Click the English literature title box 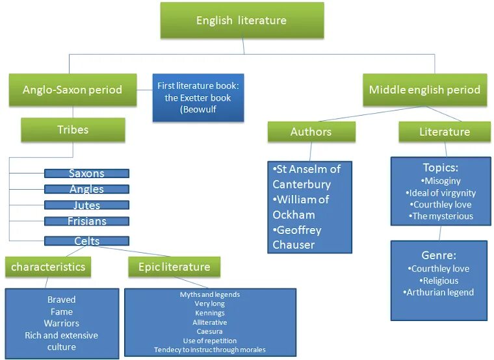[241, 20]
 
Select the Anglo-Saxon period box [72, 90]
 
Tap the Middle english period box [424, 90]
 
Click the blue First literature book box [198, 97]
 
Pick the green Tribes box [72, 129]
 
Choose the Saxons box [86, 174]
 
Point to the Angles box [86, 189]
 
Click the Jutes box [86, 205]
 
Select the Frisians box [86, 221]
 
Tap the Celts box [86, 241]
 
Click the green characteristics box [48, 266]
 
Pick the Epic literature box [174, 266]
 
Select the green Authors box [311, 132]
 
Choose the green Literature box [444, 132]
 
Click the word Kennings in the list [209, 313]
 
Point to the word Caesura [209, 331]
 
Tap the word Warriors [62, 323]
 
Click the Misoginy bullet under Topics [440, 181]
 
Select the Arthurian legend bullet [439, 292]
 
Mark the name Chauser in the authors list [294, 245]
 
